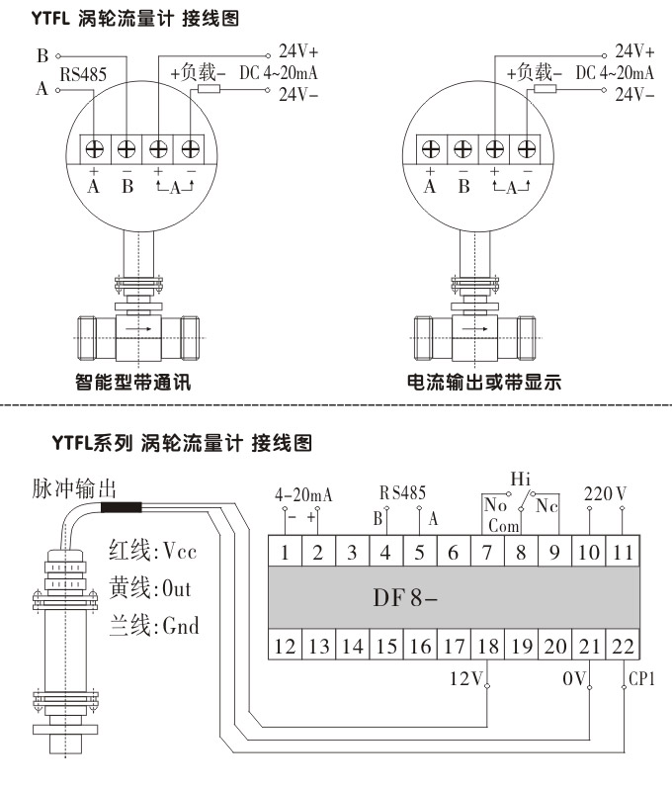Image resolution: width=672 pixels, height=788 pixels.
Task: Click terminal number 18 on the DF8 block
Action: tap(486, 647)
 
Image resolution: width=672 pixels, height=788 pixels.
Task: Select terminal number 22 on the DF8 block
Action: tap(622, 647)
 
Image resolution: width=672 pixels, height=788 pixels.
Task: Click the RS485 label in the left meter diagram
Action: tap(85, 74)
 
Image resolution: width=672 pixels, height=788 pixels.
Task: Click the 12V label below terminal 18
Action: tap(464, 679)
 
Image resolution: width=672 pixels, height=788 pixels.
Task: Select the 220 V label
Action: tap(606, 491)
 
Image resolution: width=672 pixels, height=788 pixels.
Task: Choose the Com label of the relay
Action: tap(504, 526)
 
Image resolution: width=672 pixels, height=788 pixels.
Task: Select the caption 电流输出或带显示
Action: tap(484, 382)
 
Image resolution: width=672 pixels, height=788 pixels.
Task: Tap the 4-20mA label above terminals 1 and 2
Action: tap(301, 492)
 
